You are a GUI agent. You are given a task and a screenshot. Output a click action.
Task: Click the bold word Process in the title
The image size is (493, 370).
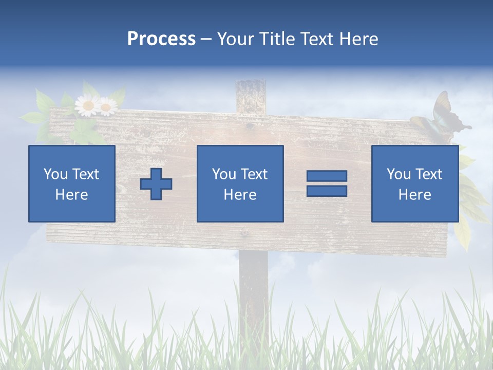161,39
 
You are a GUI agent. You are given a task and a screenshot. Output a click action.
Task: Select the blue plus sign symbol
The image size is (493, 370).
156,184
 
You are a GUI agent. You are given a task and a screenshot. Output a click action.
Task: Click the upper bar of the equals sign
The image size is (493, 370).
327,176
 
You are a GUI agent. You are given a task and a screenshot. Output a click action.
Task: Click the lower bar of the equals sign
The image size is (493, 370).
327,191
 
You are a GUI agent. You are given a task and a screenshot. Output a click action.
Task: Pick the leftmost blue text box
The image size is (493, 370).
71,183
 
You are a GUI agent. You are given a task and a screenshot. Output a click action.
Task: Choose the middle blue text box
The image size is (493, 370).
240,183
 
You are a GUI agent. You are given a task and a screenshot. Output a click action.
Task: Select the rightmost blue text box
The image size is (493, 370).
414,183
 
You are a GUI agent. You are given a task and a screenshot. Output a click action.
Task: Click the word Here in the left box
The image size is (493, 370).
71,195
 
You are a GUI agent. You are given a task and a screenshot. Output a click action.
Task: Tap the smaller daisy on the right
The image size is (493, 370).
107,107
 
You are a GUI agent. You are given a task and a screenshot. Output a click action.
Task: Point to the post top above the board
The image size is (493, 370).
251,96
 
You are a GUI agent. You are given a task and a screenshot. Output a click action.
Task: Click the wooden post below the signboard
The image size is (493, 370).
253,288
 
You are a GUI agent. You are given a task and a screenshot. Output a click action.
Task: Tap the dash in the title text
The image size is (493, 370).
206,39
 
